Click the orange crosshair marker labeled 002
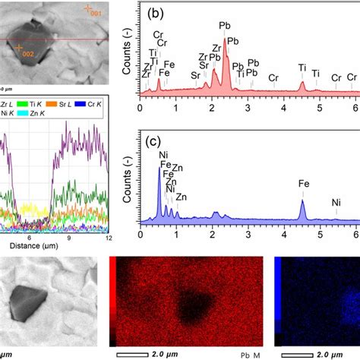[18, 48]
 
